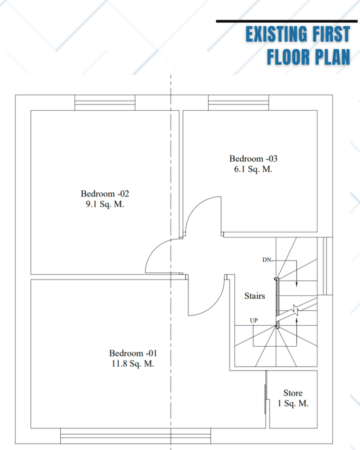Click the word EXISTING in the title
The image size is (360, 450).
[276, 34]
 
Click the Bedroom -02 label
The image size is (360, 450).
[105, 194]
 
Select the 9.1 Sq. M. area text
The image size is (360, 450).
[105, 204]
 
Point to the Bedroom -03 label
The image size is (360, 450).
[253, 159]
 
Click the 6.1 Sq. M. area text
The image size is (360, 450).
[253, 169]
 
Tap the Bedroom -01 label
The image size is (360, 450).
[133, 353]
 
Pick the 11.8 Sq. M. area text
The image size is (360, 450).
[133, 363]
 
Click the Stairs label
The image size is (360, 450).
[255, 296]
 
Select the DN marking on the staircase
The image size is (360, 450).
[267, 260]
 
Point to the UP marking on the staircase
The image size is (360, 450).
[254, 320]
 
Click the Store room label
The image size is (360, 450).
[293, 393]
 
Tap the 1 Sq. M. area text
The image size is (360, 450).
[293, 403]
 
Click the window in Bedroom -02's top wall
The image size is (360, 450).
[105, 102]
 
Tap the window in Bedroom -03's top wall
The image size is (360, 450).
[239, 102]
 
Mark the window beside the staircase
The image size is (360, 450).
[325, 266]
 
